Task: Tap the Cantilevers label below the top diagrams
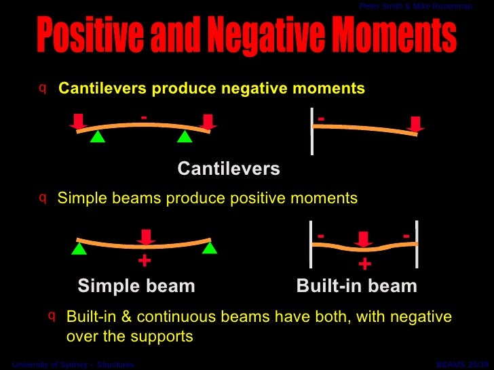point(229,168)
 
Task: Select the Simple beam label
point(136,286)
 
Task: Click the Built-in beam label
point(356,286)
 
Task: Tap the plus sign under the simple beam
point(144,261)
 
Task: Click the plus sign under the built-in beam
point(364,263)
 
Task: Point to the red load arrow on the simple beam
point(146,237)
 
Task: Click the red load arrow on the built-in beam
point(364,239)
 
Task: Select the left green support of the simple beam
point(79,249)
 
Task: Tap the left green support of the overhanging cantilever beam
point(98,137)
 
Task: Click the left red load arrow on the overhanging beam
point(79,121)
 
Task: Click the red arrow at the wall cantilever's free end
point(415,123)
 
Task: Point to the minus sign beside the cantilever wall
point(321,119)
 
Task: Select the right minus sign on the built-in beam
point(406,235)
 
